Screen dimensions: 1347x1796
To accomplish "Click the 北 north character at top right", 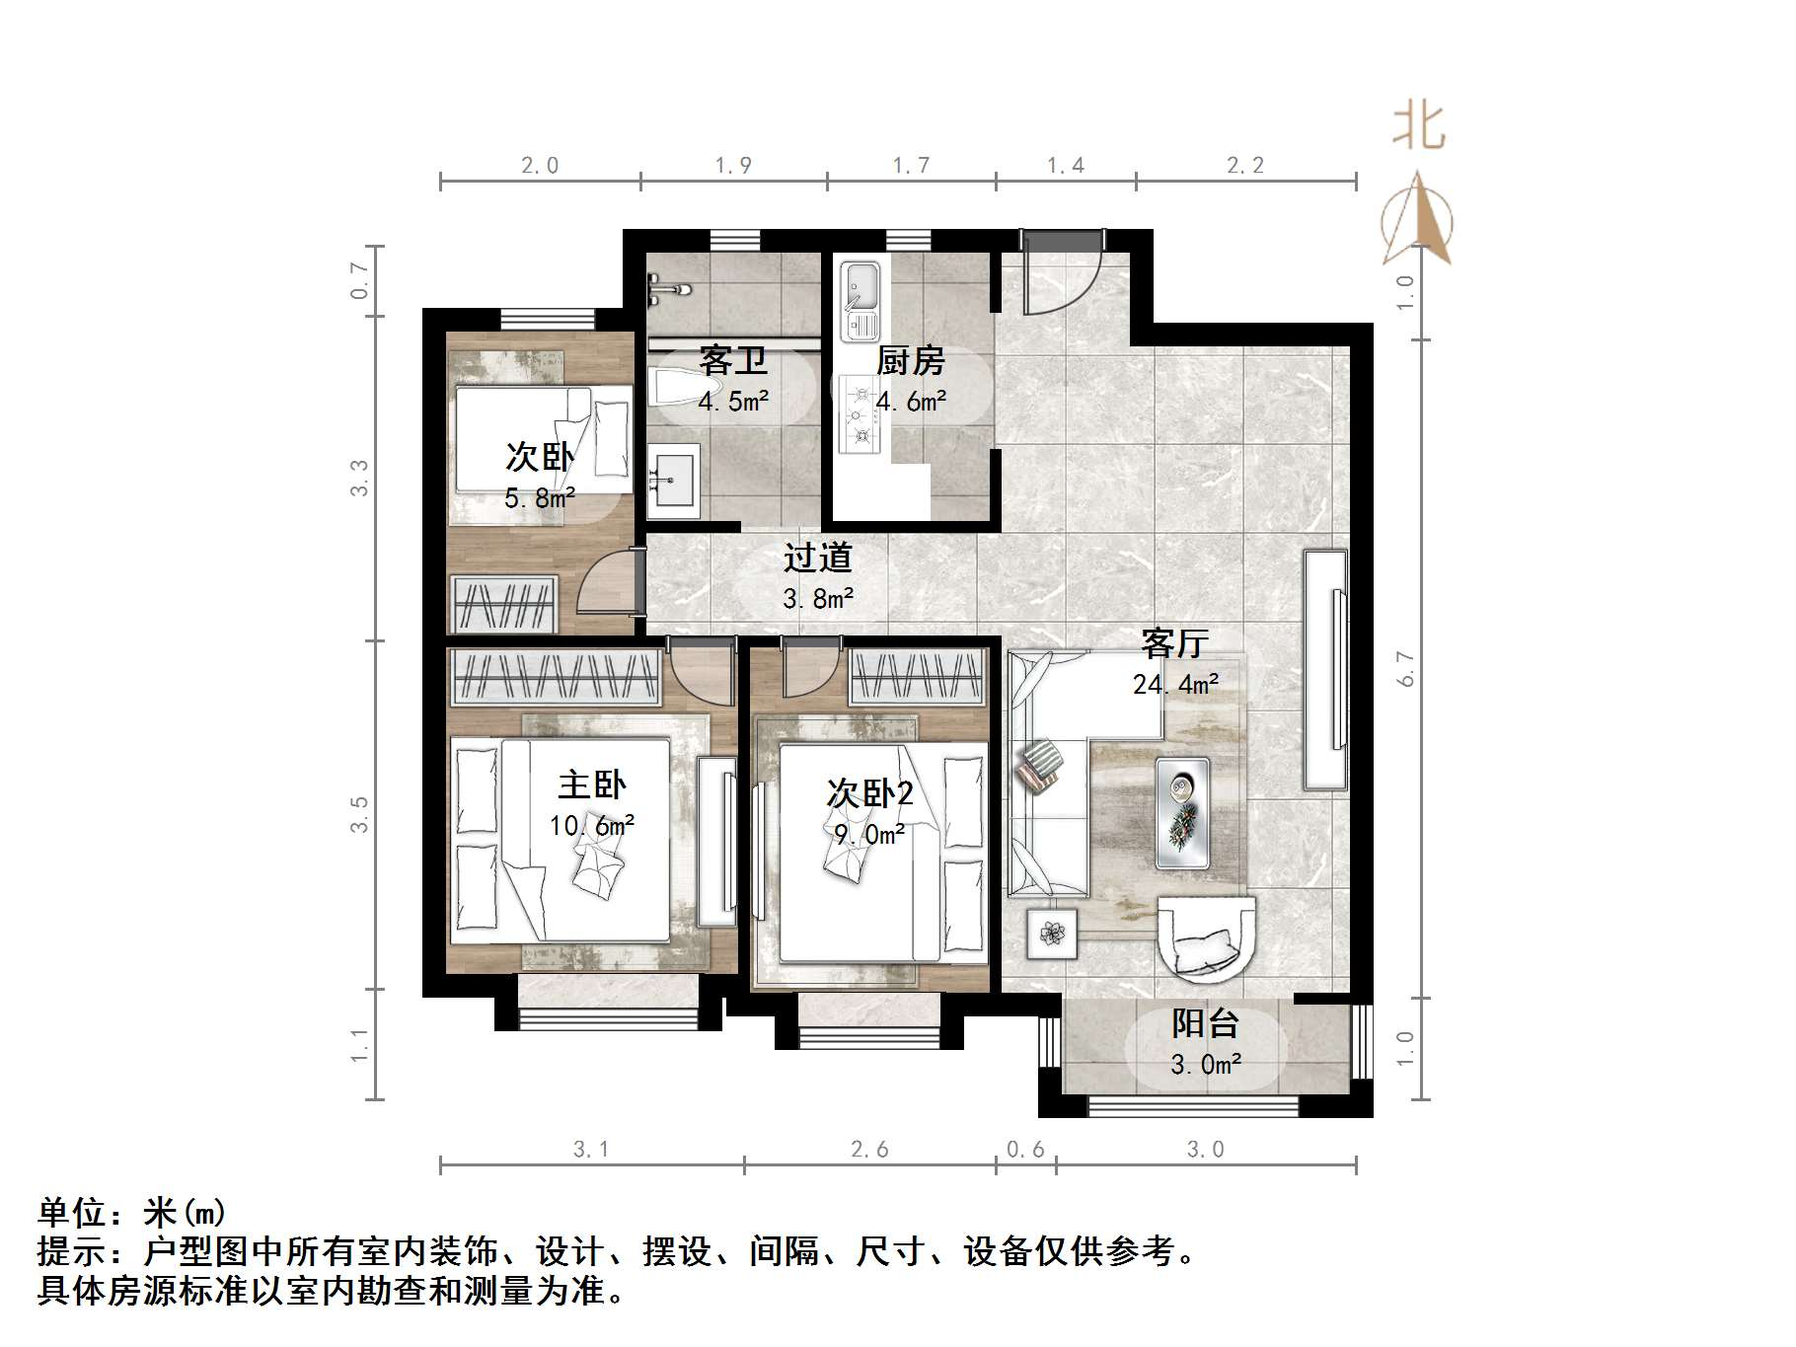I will point(1419,127).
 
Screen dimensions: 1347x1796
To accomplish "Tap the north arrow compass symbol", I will point(1417,222).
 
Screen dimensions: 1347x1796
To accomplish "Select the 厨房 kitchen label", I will point(910,361).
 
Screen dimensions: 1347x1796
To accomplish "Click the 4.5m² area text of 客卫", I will point(732,402).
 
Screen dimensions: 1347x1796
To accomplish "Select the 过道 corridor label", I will point(817,559).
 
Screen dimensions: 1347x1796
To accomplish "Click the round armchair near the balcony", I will point(1206,937).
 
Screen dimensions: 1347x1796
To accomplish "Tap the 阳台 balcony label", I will point(1205,1023).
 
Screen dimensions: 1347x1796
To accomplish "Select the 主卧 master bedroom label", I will point(591,785).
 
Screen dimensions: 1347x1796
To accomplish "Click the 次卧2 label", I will point(869,793).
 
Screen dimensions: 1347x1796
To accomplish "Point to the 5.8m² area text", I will point(539,498).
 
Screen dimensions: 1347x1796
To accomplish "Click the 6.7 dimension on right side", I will point(1406,669).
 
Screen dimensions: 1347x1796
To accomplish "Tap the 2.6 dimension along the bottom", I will point(869,1150).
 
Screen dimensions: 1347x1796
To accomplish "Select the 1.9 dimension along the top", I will point(733,166).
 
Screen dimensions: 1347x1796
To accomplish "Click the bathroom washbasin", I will point(675,481).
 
